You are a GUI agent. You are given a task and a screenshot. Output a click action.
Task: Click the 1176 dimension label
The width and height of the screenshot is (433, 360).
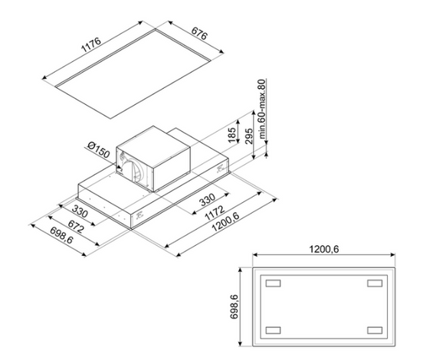pos(91,45)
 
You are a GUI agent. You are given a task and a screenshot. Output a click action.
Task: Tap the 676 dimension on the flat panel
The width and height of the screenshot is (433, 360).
pos(198,34)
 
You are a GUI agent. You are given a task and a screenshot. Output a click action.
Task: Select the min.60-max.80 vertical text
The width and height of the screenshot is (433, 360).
pos(262,109)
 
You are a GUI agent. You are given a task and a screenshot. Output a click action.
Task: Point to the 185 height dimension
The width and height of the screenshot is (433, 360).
pos(232,135)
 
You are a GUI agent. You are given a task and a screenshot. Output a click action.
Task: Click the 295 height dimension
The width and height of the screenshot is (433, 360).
pos(249,136)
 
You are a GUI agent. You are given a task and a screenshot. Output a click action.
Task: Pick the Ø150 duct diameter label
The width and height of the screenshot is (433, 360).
pos(99,150)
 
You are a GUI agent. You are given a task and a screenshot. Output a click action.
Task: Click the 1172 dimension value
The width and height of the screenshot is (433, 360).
pos(215,213)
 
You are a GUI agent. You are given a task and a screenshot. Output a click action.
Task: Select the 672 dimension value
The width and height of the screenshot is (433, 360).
pos(75,227)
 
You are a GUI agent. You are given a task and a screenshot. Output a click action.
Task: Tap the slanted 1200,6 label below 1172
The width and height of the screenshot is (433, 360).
pos(225,223)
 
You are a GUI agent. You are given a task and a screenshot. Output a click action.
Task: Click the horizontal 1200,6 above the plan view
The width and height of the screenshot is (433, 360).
pos(323,249)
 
